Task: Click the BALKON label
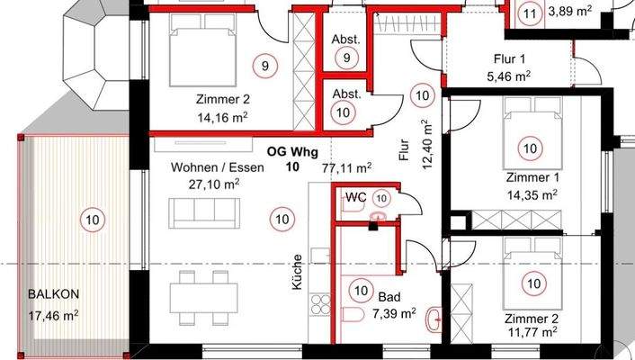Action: click(53, 294)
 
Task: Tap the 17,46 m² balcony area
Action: click(53, 315)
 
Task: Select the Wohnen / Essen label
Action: click(217, 167)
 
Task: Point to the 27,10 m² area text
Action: click(214, 184)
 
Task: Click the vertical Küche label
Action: click(297, 272)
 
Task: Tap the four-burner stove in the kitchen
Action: click(320, 305)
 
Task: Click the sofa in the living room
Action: click(204, 213)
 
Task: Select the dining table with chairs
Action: click(203, 298)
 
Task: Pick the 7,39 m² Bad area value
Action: click(394, 314)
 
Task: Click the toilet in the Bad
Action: click(353, 314)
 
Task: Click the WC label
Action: click(355, 197)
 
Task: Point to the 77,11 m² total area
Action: click(347, 167)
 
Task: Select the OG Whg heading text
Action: click(292, 152)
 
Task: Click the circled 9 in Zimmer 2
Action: click(265, 66)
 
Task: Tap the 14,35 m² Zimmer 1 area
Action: click(532, 195)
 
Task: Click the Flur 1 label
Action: click(509, 58)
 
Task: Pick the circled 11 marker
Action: click(530, 14)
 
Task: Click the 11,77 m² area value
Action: click(531, 332)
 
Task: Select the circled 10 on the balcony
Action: click(93, 220)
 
